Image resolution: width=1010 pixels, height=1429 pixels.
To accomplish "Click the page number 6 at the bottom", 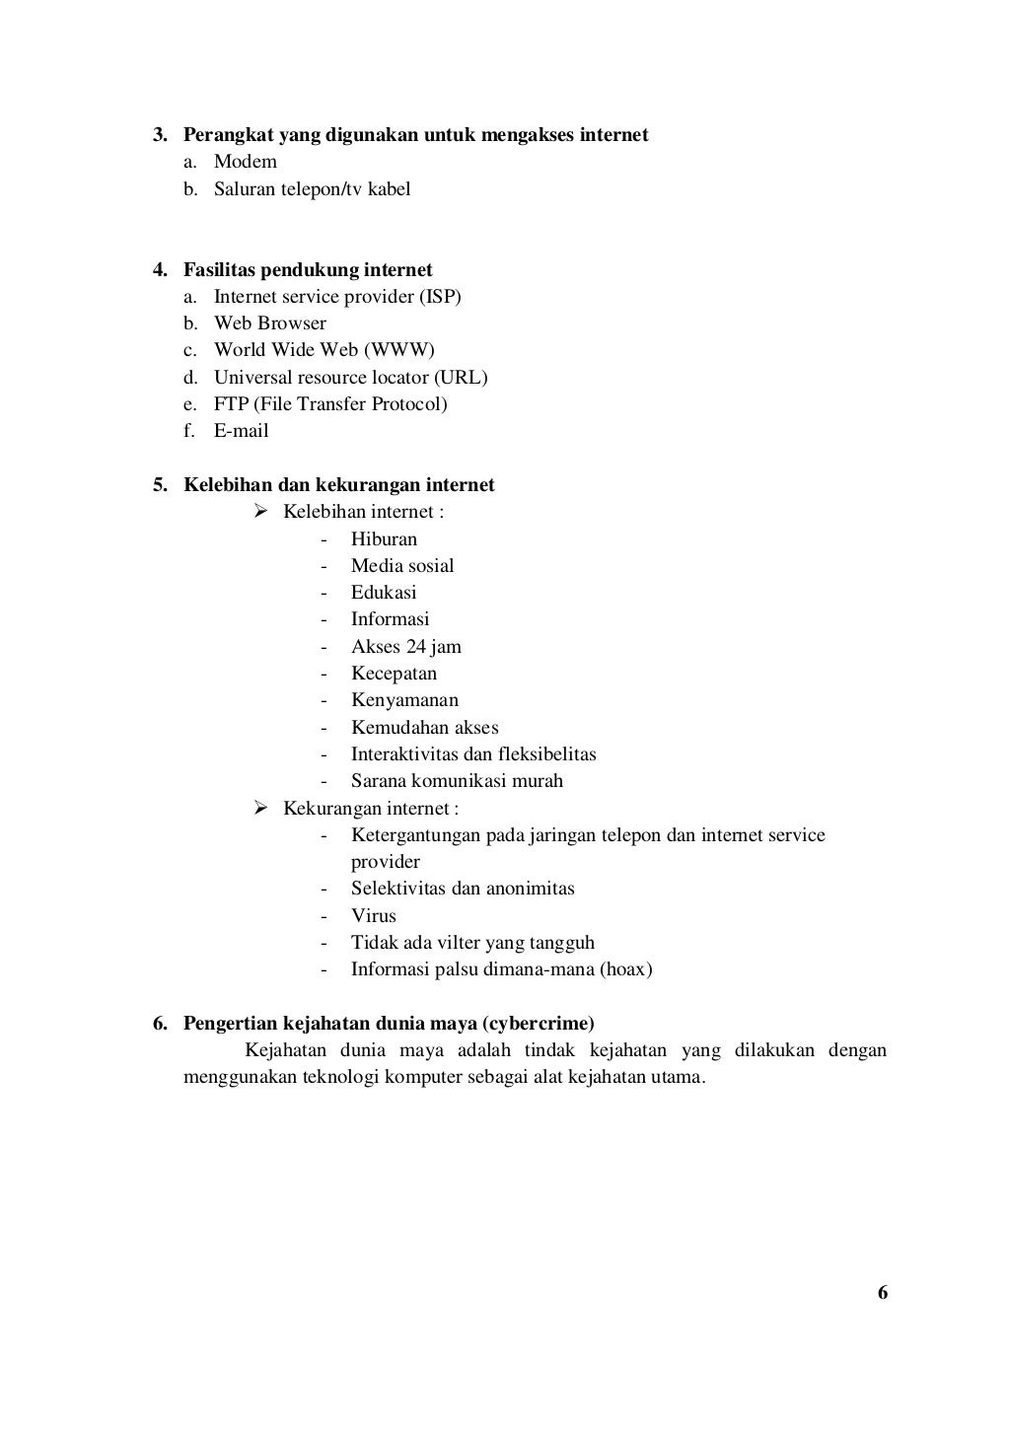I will [x=883, y=1293].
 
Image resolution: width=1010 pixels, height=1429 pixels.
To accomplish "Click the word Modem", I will [x=246, y=162].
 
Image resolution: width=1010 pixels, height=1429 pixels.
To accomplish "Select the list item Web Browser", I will [x=270, y=323].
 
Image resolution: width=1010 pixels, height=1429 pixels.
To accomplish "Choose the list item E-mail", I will [x=242, y=431].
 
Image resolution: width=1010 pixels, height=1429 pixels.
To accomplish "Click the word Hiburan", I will [x=384, y=539].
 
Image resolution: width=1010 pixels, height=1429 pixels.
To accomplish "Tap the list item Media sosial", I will [x=402, y=566].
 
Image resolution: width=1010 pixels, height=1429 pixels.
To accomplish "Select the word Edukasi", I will [x=384, y=593].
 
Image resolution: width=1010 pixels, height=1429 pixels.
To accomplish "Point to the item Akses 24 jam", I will [x=406, y=647].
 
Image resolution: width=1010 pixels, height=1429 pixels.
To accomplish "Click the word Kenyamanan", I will [x=404, y=700].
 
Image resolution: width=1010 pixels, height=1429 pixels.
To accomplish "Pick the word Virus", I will [x=374, y=915].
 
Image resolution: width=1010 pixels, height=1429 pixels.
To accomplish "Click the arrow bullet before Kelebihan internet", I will [x=261, y=511].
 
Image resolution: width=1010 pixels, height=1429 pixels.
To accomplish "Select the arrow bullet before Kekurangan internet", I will [x=261, y=809].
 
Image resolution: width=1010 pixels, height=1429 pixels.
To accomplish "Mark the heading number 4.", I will [x=158, y=269].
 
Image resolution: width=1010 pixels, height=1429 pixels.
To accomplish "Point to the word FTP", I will [x=231, y=404].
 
